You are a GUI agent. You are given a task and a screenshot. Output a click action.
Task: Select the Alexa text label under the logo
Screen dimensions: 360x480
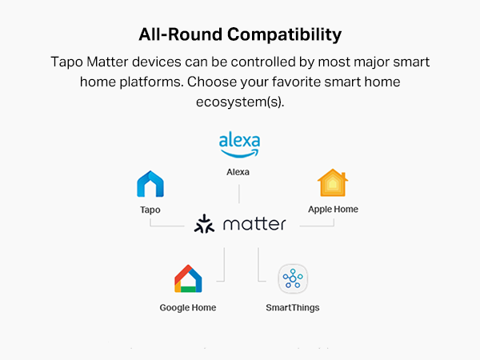click(239, 172)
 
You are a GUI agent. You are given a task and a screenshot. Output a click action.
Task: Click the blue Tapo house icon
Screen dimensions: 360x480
click(150, 185)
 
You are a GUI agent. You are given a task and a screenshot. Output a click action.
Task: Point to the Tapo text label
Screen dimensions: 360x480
click(150, 210)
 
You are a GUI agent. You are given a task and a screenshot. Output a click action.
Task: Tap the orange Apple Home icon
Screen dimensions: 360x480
click(333, 183)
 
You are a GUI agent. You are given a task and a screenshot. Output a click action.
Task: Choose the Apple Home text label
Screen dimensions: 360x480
click(333, 210)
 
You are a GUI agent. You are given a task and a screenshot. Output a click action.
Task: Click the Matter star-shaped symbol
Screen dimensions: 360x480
click(205, 224)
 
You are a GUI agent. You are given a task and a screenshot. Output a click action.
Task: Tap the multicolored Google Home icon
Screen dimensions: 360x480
click(188, 278)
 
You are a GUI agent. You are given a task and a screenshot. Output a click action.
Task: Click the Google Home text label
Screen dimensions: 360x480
click(188, 307)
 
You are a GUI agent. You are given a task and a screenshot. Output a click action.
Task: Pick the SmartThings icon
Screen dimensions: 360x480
click(293, 279)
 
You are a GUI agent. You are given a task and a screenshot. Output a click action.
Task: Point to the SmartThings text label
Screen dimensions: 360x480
click(293, 307)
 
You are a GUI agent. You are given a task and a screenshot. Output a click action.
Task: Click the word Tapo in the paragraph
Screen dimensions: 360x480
click(66, 62)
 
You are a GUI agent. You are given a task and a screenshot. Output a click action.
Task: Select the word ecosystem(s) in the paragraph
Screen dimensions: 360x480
click(239, 103)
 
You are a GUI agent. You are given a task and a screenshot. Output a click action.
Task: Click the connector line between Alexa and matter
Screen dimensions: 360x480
click(239, 193)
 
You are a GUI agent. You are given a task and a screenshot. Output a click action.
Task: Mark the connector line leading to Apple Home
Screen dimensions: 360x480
click(320, 226)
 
